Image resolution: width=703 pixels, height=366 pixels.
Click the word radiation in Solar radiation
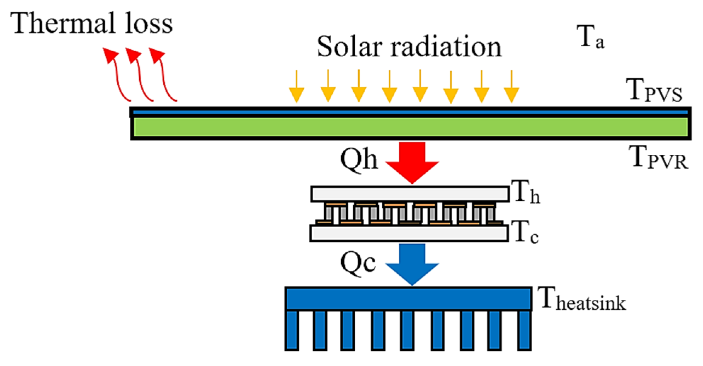click(x=446, y=47)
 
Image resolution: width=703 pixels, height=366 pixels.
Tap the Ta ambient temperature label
click(x=590, y=37)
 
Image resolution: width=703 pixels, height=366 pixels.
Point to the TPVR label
click(x=658, y=157)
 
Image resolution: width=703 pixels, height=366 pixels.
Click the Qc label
click(x=358, y=263)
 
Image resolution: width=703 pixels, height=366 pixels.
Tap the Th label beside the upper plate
click(x=525, y=192)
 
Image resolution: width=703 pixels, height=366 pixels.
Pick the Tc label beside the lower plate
click(x=525, y=232)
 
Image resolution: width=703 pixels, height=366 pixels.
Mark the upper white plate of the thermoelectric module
click(x=410, y=194)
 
